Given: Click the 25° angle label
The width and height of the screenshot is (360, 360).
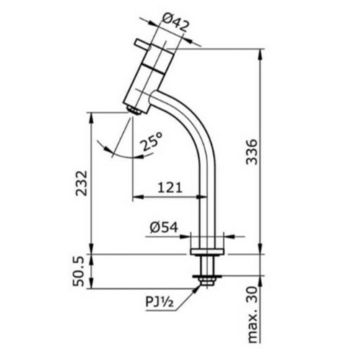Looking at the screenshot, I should click(x=152, y=142).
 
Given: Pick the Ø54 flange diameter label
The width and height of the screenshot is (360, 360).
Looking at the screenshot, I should click(x=164, y=227).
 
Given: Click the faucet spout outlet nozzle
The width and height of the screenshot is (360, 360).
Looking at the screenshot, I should click(x=134, y=110).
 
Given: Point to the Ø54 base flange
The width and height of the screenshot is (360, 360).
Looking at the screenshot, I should click(x=207, y=251).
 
